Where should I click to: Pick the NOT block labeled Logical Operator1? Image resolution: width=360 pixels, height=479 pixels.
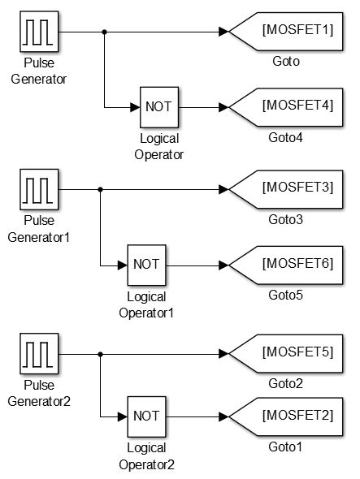(147, 265)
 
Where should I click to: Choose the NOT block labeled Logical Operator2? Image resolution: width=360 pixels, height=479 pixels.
(147, 416)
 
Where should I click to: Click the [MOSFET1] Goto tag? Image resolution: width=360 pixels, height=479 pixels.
(284, 32)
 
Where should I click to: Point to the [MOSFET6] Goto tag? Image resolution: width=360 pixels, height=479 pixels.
(284, 265)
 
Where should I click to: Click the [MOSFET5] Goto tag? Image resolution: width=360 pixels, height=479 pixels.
(284, 354)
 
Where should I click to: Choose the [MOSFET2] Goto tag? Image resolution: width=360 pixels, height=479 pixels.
(284, 416)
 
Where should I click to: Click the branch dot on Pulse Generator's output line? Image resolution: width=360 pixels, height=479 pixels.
(104, 32)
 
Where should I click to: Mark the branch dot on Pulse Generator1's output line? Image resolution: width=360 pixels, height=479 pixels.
(99, 190)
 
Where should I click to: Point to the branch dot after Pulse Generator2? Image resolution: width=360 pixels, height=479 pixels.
(99, 355)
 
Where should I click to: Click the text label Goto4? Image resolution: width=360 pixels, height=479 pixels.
(286, 138)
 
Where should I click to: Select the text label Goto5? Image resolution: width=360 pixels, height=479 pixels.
(286, 296)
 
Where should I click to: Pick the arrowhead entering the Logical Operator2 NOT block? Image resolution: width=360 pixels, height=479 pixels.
(122, 416)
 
